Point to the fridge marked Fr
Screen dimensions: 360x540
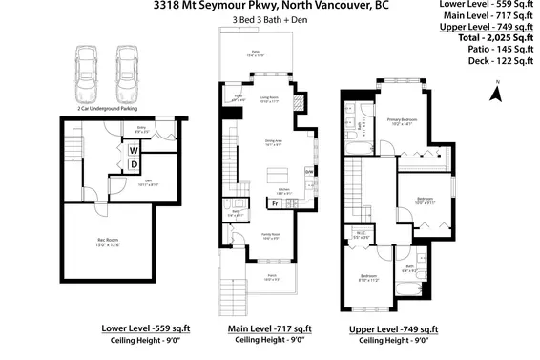click(x=275, y=203)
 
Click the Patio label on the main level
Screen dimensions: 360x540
click(x=255, y=53)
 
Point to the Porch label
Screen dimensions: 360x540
click(x=271, y=278)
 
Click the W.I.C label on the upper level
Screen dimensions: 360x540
click(x=362, y=234)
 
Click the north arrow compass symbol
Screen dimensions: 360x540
click(x=494, y=94)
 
